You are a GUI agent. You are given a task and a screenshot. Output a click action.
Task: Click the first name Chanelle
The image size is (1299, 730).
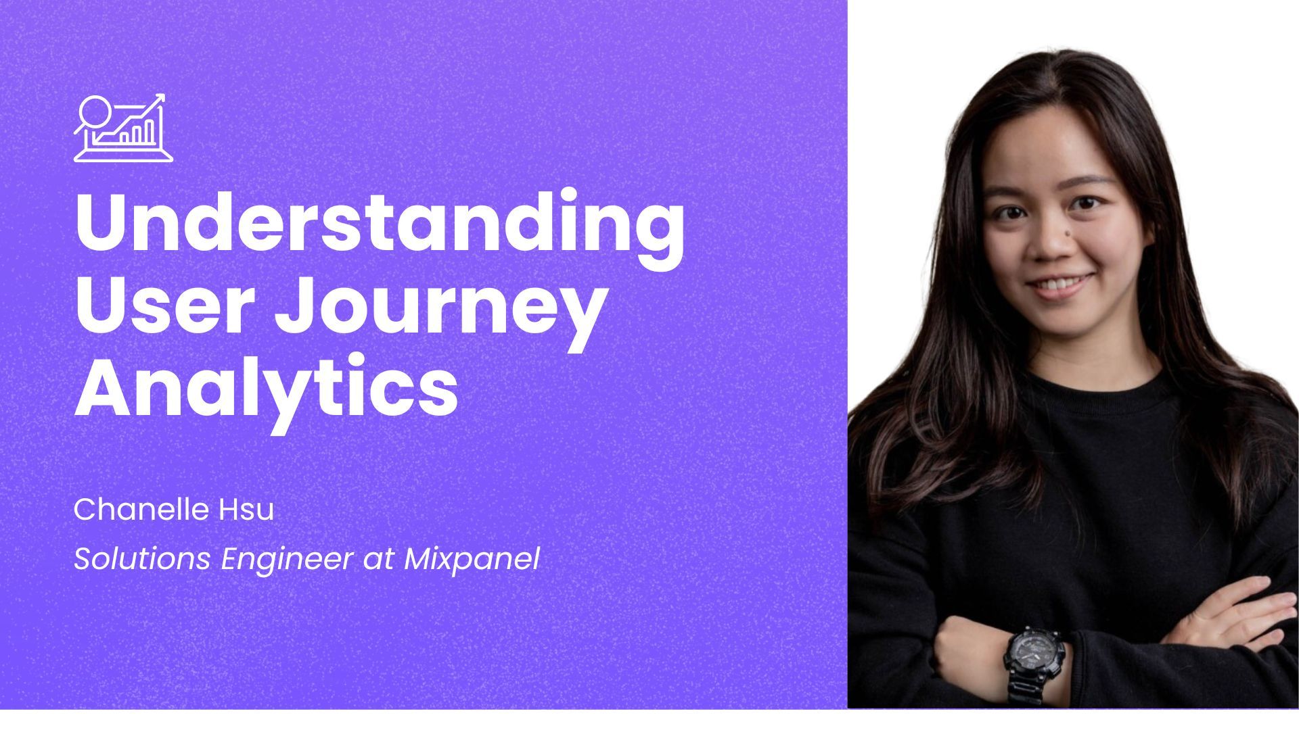[141, 509]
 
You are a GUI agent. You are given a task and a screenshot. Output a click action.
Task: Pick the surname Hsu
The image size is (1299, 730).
[246, 509]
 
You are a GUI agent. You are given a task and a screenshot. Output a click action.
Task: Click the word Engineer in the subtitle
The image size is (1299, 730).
[287, 560]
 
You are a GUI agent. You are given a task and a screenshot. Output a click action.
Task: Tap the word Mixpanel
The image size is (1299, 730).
[472, 560]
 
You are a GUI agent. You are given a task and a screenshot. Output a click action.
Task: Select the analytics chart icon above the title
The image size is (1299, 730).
[123, 128]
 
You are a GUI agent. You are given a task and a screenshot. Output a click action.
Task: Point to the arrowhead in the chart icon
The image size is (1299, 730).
[160, 99]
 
